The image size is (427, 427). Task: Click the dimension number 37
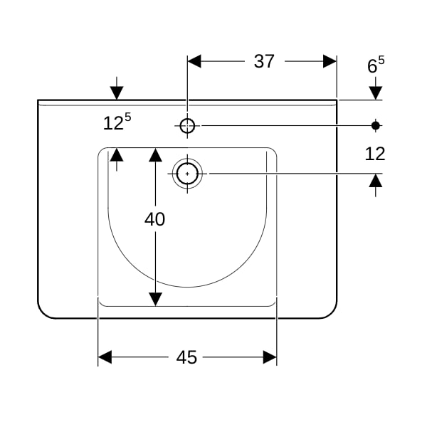[264, 61]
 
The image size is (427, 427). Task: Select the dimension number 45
[186, 357]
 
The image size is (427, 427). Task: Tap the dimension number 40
[154, 219]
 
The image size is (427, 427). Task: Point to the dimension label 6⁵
[376, 65]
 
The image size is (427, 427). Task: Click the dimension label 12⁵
[117, 122]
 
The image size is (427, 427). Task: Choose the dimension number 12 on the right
[375, 154]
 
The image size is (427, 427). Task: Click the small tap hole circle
[187, 126]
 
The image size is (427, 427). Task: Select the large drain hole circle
[187, 174]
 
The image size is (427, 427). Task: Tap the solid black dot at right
[376, 125]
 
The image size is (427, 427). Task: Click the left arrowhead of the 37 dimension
[194, 61]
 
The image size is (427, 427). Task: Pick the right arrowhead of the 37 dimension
[330, 61]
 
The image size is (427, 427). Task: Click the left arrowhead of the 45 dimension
[105, 357]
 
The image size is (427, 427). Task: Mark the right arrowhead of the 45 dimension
[270, 357]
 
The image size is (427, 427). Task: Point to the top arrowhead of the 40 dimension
[155, 154]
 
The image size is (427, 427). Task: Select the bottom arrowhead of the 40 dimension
[155, 300]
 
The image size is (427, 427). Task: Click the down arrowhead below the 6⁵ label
[376, 93]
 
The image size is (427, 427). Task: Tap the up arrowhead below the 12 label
[376, 181]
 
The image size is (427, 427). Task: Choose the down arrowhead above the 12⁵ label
[117, 93]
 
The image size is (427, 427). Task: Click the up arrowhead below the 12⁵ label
[117, 154]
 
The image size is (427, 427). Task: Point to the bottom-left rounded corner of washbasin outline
[43, 313]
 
